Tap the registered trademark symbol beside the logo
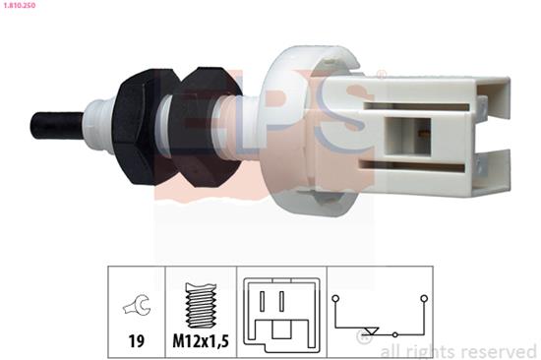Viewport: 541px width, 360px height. coord(381,75)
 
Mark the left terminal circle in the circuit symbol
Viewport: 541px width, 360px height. coord(334,297)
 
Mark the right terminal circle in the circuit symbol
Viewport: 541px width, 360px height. coord(424,297)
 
